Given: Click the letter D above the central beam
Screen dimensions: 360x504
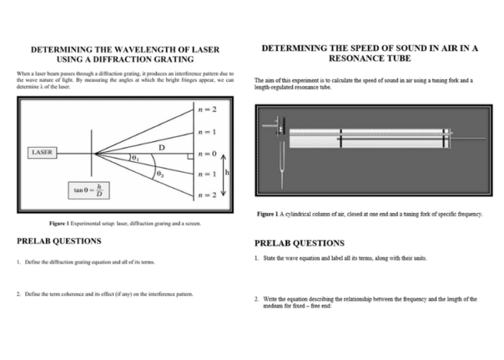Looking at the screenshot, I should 163,146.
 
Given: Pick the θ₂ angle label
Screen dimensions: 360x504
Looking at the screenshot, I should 159,174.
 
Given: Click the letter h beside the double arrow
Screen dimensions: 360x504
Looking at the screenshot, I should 228,173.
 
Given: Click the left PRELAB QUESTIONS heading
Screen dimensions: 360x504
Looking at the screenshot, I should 59,240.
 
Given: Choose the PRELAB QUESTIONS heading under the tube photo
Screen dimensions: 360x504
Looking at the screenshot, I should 300,243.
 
